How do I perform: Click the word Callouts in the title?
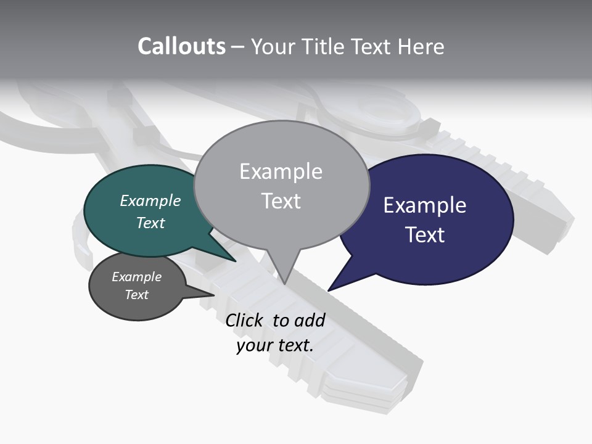181,46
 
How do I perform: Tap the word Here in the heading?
420,47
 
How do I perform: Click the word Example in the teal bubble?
150,201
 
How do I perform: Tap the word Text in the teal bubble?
150,223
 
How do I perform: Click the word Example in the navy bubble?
425,205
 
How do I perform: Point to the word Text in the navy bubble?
425,235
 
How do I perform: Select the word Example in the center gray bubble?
281,171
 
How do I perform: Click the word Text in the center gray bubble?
281,201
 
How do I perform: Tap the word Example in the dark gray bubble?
137,277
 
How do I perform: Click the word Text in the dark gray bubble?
137,295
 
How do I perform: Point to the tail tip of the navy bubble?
329,290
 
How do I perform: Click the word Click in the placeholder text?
245,320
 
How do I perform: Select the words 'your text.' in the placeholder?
275,345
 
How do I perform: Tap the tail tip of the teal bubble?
236,261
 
